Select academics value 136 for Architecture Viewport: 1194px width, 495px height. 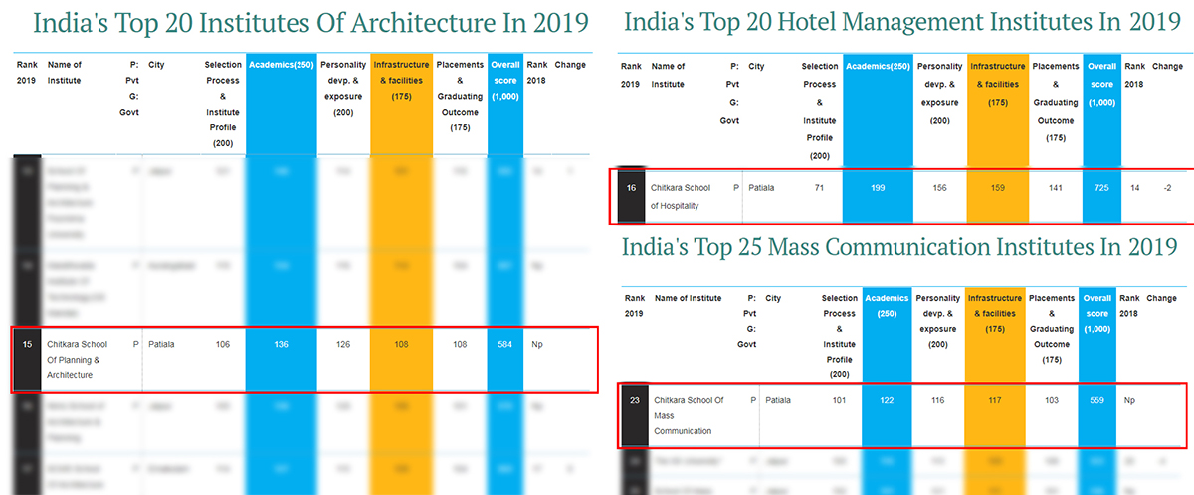point(281,345)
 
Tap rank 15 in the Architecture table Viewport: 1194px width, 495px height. point(27,345)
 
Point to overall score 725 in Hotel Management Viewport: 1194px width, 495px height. point(1100,187)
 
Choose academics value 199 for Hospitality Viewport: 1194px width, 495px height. point(877,187)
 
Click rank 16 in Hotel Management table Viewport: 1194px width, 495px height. point(630,187)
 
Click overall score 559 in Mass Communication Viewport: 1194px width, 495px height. point(1097,400)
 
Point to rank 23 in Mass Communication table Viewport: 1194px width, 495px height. point(634,400)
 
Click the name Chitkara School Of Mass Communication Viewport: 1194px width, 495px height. point(689,415)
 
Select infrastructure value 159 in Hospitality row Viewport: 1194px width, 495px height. point(995,187)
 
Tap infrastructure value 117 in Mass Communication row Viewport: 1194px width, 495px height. point(993,400)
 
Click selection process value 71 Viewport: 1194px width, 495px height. point(819,187)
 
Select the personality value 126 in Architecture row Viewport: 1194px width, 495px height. point(343,345)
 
